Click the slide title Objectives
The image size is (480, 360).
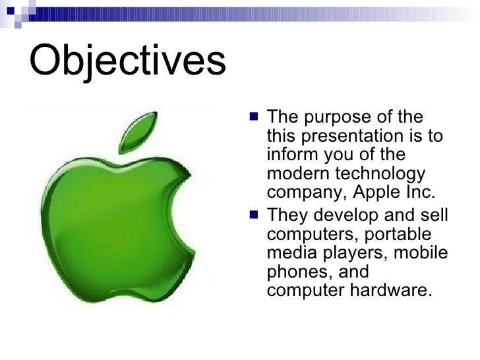[x=127, y=61]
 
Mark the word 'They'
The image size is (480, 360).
[x=285, y=216]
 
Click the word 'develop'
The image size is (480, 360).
[x=343, y=216]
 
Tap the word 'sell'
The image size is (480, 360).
[x=435, y=216]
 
